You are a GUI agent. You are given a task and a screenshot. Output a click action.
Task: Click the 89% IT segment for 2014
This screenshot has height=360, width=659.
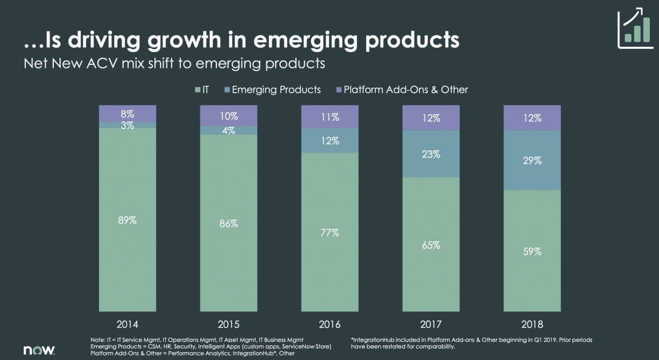point(127,220)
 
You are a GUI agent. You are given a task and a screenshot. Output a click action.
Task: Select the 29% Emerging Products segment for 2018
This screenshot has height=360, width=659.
point(532,160)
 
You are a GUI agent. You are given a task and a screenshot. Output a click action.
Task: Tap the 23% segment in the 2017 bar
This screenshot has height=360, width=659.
point(431,154)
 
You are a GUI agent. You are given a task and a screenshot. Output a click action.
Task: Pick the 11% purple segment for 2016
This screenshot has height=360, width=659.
point(330,117)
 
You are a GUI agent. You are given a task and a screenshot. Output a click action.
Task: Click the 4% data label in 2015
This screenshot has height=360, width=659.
point(228,131)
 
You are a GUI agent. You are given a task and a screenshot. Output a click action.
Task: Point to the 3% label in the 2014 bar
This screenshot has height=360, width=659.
point(127,126)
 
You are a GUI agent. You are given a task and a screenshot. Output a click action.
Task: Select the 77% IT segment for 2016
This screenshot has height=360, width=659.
point(330,232)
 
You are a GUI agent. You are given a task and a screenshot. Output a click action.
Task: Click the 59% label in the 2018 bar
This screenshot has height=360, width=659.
point(532,251)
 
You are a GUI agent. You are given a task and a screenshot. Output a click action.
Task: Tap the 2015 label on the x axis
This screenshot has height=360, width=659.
point(228,324)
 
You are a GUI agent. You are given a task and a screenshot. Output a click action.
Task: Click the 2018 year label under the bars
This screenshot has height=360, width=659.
point(532,324)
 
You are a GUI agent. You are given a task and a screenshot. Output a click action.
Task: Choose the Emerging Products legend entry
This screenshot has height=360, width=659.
point(272,89)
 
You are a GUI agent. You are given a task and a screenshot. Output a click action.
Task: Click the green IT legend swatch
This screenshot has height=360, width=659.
point(197,89)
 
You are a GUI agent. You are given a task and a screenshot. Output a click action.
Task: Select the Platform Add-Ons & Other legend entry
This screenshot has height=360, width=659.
point(402,89)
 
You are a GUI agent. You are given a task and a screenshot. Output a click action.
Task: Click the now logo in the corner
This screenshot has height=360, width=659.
point(39,350)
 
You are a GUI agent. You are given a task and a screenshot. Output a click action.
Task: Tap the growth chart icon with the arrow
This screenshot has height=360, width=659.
point(635,28)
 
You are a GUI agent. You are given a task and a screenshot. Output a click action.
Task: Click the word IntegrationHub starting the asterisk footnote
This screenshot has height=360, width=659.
point(371,340)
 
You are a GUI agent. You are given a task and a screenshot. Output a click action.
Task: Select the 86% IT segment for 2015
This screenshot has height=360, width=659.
point(228,223)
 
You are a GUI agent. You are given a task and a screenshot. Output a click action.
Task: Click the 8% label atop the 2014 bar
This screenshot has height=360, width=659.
point(127,114)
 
